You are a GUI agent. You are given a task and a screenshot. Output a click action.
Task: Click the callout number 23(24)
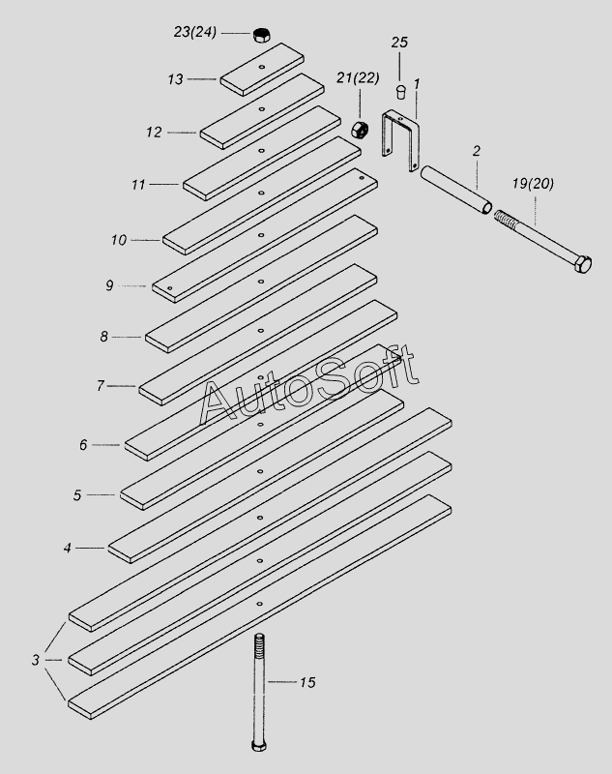(194, 31)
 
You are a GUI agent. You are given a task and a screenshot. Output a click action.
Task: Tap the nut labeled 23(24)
(260, 35)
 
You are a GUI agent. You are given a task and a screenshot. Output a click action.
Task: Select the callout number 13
(174, 79)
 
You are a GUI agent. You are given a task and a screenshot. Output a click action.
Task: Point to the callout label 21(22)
(356, 78)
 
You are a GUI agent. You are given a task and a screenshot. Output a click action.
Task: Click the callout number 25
(399, 43)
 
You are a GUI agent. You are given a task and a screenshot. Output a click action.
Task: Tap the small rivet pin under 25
(399, 91)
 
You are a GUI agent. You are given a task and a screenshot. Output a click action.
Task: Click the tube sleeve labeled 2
(455, 192)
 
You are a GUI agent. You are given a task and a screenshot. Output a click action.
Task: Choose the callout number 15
(307, 683)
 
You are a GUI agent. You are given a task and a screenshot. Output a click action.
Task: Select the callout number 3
(36, 660)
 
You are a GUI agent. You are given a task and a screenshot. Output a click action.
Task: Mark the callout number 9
(110, 284)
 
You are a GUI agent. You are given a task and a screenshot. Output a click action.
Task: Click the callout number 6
(84, 444)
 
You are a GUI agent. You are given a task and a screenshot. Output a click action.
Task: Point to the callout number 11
(139, 183)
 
